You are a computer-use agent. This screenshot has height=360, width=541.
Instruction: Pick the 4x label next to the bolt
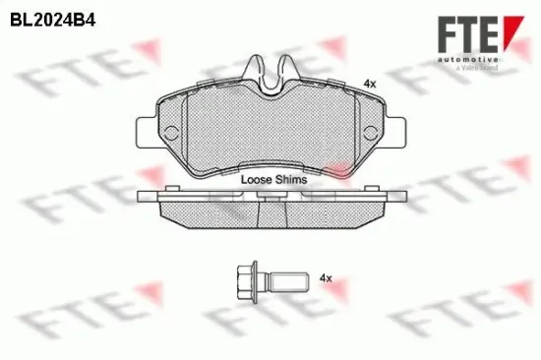click(326, 280)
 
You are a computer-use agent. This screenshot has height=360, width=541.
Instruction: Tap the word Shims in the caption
click(292, 180)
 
